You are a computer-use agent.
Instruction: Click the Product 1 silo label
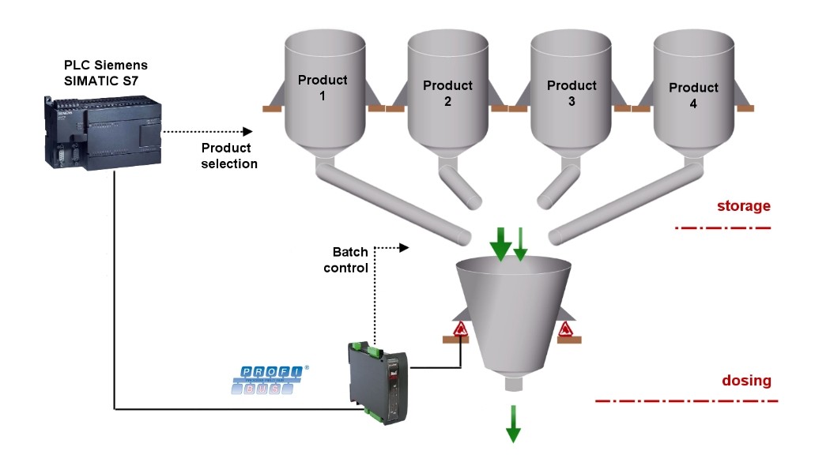[x=323, y=87]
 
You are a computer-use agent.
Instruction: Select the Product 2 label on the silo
[x=447, y=93]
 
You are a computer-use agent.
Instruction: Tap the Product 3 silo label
[x=572, y=93]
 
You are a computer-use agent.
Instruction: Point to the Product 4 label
[x=693, y=95]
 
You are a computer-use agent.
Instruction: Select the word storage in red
[x=743, y=207]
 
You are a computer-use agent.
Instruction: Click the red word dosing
[x=746, y=381]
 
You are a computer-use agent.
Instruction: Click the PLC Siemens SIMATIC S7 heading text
[x=106, y=72]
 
